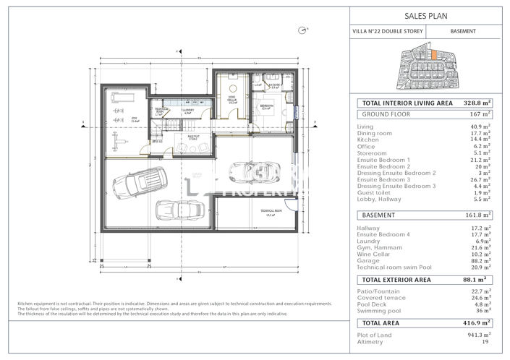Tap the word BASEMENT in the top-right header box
tap(463, 32)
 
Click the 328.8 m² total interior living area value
tap(477, 103)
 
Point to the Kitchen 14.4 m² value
tap(480, 140)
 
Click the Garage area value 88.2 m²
tap(480, 261)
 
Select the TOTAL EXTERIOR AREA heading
tap(396, 280)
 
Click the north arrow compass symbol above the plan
tap(302, 30)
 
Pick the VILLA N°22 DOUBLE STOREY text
tap(387, 32)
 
